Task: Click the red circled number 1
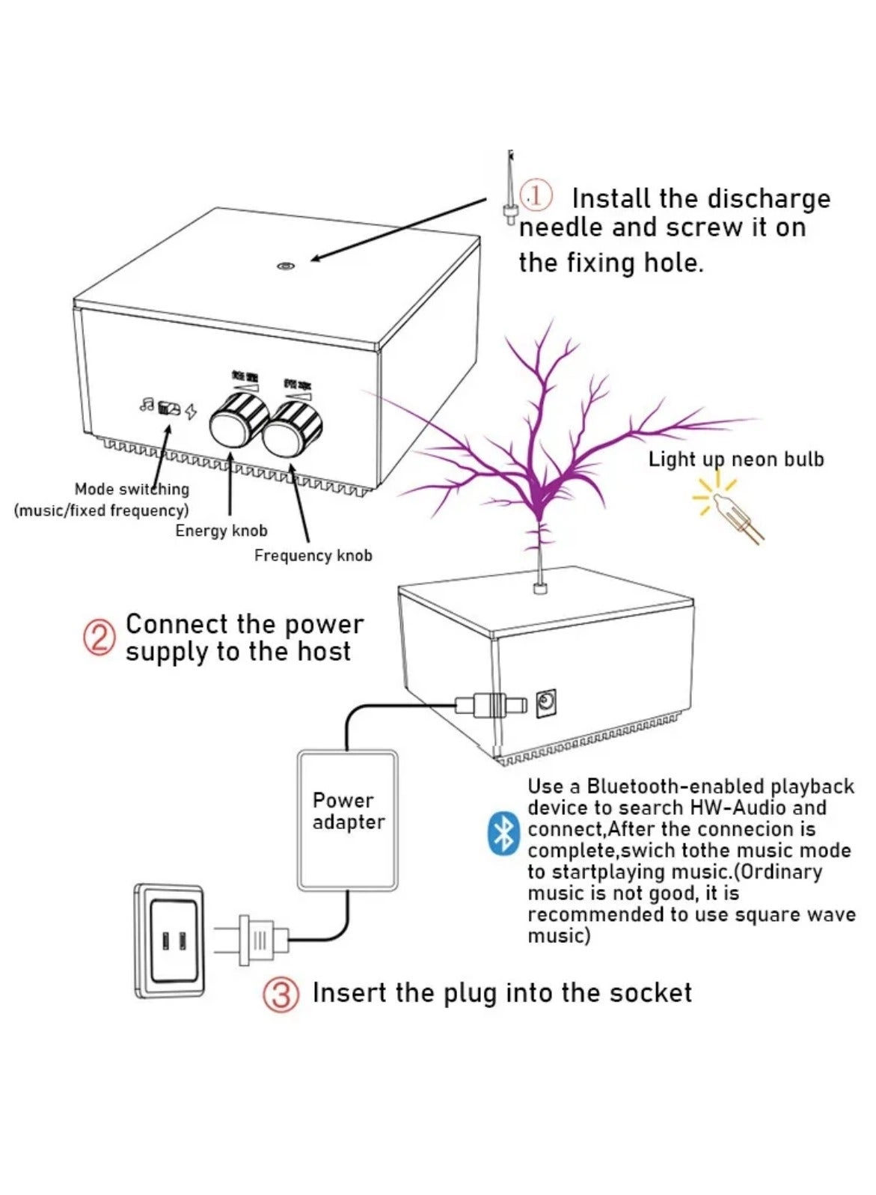[536, 195]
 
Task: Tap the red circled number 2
[99, 638]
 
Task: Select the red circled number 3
[281, 994]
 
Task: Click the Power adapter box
[347, 821]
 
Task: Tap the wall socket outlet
[171, 941]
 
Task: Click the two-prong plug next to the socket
[254, 939]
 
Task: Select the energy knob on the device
[239, 422]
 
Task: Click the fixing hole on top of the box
[284, 266]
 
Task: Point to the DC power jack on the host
[546, 702]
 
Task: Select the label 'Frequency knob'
[313, 555]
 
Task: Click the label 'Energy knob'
[221, 531]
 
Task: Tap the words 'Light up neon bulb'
[735, 459]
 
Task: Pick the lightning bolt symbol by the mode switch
[192, 411]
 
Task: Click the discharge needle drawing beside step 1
[510, 191]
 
